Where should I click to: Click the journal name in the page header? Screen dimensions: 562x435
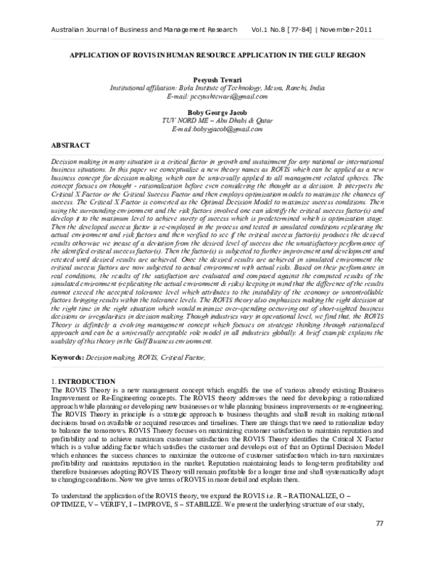point(141,30)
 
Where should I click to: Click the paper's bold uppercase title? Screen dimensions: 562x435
point(217,55)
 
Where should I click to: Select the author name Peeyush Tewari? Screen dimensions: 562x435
point(217,77)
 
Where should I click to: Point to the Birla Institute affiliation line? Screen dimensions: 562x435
point(217,86)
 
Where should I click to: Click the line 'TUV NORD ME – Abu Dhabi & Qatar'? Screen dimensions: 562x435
point(217,121)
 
